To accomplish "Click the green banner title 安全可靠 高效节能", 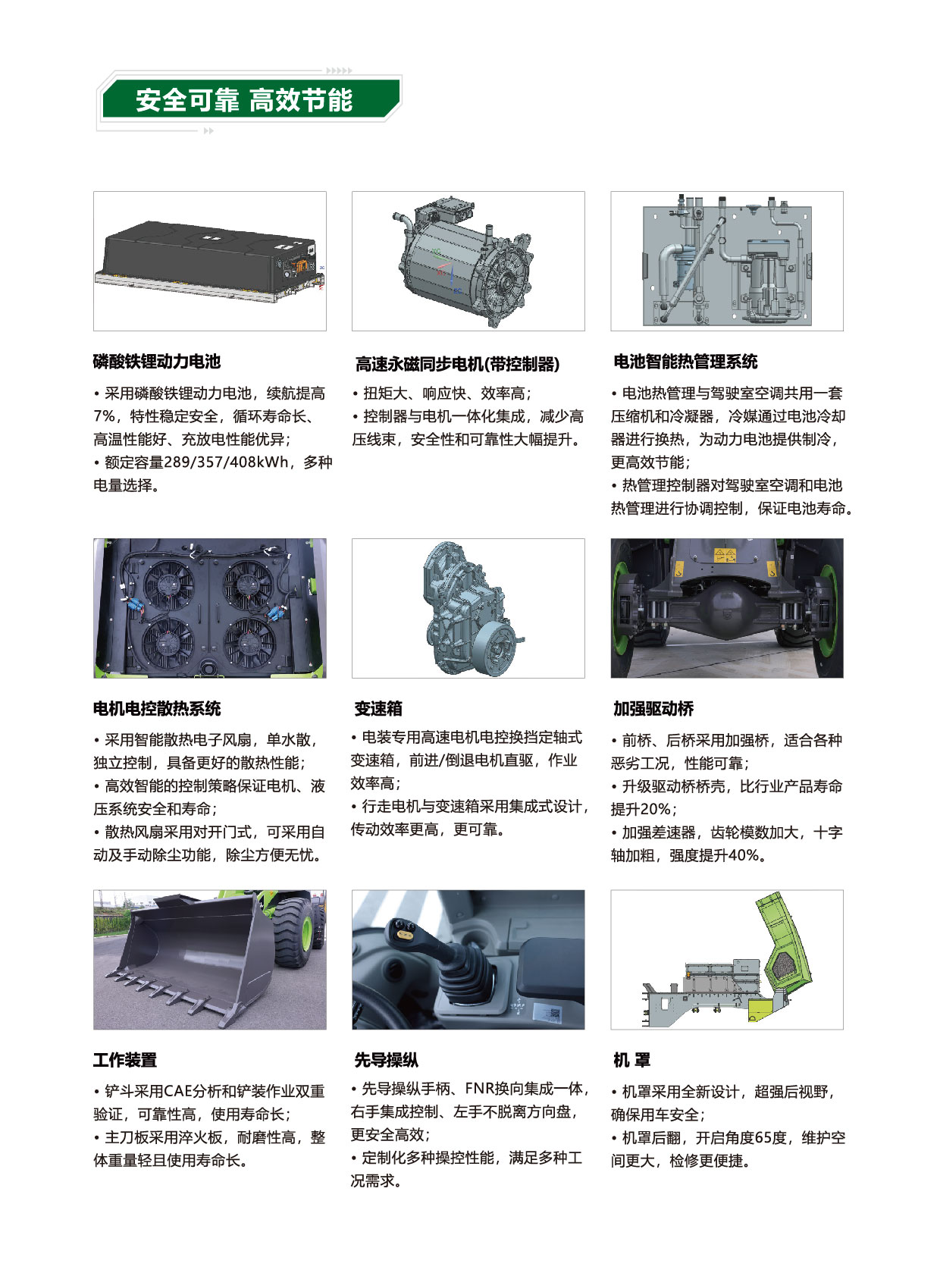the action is pos(244,100).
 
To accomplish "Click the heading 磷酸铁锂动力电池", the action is pos(157,361).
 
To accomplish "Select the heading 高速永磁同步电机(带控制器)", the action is pos(457,363).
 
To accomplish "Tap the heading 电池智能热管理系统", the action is pos(685,361).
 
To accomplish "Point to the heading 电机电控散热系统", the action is pos(157,708).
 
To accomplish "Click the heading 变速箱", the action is pos(378,708).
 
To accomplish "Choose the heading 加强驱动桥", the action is pos(653,708).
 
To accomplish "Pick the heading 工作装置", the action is pos(125,1059).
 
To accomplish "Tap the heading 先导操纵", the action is pos(387,1059).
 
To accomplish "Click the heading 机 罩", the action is pos(631,1059).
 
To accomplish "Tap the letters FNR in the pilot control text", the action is pos(480,1089).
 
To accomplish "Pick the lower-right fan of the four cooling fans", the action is pos(249,641).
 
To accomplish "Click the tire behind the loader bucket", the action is pos(296,933).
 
